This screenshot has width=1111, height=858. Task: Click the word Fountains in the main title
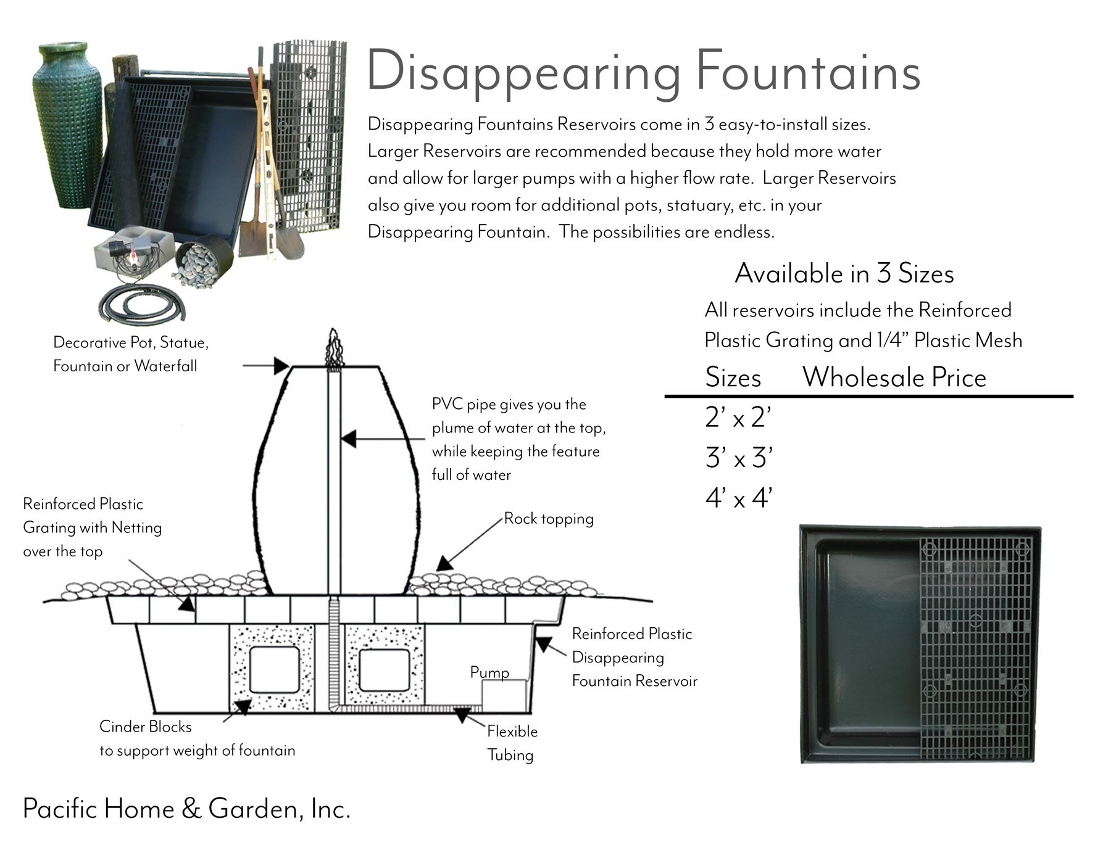coord(808,73)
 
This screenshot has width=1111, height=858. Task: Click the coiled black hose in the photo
coord(143,303)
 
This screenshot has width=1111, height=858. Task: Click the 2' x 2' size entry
coord(738,419)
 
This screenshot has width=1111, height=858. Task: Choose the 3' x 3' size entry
coord(738,458)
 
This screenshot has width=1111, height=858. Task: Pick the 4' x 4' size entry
coord(738,498)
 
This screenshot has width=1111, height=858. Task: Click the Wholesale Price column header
coord(894,377)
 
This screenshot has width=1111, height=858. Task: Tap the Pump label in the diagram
coord(489,672)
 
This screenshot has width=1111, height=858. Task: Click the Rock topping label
coord(548,519)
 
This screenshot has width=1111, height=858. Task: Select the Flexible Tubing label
coord(511,743)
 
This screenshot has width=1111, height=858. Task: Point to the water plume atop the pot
coord(334,349)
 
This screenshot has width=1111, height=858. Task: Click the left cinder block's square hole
coord(274,670)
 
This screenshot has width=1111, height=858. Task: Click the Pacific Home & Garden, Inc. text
coord(186,809)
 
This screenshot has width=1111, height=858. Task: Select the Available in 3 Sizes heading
coord(844,274)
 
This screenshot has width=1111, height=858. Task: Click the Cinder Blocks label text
coord(146,727)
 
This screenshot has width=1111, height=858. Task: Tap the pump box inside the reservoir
coord(503,695)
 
